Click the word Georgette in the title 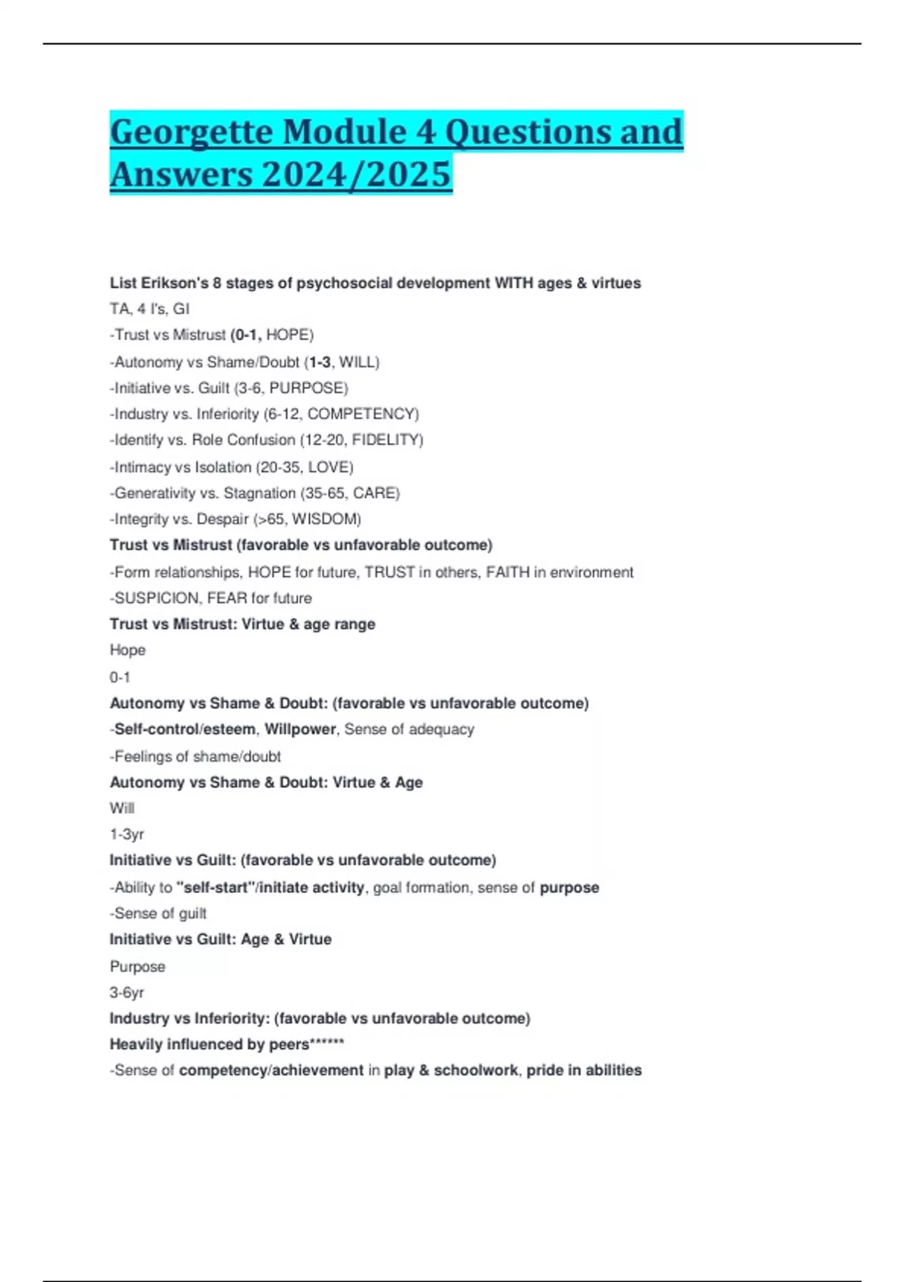(191, 132)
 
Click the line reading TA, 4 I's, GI (149, 308)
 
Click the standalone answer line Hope (127, 650)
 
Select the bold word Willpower (299, 729)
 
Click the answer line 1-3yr (127, 834)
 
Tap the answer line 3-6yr (127, 992)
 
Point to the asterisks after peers (327, 1043)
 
